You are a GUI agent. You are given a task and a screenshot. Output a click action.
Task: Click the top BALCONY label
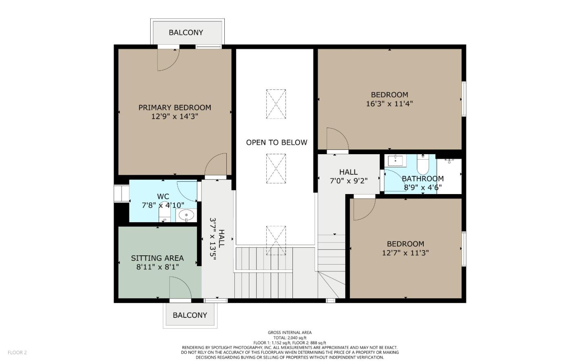click(x=186, y=32)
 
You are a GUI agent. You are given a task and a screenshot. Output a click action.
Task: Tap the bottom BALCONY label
click(x=190, y=315)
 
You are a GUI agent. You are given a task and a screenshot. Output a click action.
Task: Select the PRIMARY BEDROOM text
click(x=175, y=108)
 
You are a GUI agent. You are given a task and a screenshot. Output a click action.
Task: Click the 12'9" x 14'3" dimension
click(x=175, y=116)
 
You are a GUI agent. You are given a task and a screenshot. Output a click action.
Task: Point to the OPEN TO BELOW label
click(x=276, y=142)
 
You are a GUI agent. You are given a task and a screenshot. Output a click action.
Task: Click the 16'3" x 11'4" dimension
click(x=389, y=103)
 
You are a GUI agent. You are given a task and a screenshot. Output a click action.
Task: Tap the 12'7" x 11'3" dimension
click(x=405, y=253)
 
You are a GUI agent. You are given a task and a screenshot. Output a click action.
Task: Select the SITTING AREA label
click(x=157, y=258)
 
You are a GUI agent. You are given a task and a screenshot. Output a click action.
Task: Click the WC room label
click(x=163, y=197)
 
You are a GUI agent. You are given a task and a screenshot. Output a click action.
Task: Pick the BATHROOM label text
click(x=423, y=178)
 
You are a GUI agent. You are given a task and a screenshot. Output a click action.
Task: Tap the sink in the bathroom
click(x=396, y=161)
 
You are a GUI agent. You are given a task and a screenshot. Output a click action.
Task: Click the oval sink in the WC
click(x=186, y=215)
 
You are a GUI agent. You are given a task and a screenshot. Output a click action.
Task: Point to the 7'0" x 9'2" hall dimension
click(x=348, y=181)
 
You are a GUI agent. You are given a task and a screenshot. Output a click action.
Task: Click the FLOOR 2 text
click(x=17, y=352)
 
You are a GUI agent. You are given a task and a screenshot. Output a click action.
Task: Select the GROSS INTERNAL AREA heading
click(x=290, y=333)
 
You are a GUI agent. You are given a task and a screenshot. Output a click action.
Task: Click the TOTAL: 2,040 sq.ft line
click(x=290, y=338)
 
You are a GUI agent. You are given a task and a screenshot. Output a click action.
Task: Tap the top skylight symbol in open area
click(x=276, y=104)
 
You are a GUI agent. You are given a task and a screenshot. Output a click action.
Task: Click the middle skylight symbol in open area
click(x=276, y=168)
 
